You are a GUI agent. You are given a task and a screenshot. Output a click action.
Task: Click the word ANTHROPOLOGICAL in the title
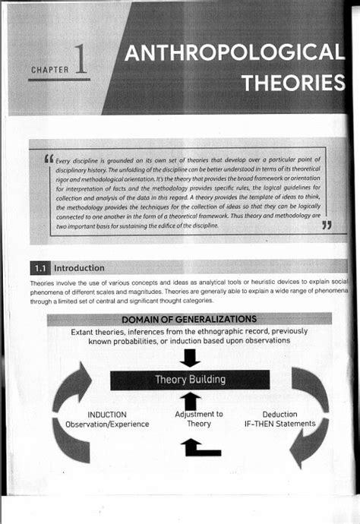pos(234,54)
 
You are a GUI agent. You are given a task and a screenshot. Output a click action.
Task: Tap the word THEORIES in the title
pos(292,82)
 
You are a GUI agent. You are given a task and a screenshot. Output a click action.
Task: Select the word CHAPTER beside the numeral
pos(50,71)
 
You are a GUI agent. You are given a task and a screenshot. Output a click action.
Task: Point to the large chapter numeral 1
pos(81,63)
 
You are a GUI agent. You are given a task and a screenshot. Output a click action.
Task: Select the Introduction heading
pos(80,268)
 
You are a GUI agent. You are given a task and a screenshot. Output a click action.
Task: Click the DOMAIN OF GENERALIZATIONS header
pos(189,319)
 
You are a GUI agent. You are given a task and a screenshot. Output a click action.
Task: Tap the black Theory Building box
pos(190,379)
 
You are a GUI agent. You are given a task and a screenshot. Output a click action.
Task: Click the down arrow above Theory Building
pos(191,357)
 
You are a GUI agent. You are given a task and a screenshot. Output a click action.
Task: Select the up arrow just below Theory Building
pos(191,400)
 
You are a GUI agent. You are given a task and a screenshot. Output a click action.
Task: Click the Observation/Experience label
pos(106,424)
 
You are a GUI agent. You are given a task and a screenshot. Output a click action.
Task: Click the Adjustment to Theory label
pos(199,419)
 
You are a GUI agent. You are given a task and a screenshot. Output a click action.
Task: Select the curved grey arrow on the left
pos(71,410)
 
